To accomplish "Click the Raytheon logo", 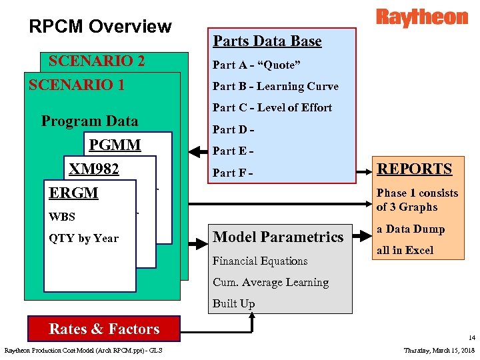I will tap(421, 17).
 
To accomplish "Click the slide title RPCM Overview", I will tap(100, 27).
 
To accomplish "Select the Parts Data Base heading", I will tap(267, 41).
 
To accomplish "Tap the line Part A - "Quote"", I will tap(256, 65).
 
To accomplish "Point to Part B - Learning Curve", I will tap(275, 86).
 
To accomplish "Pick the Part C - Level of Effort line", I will tap(272, 107).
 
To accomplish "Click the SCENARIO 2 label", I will tap(97, 61).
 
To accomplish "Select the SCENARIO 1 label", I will tap(76, 85).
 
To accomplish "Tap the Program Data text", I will tap(89, 121).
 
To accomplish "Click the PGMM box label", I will tap(115, 145).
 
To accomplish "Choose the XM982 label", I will tap(93, 169).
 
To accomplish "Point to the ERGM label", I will tap(73, 193).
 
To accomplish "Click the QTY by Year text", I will tap(83, 238).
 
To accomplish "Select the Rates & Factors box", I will tap(104, 329).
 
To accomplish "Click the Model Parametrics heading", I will tap(278, 237).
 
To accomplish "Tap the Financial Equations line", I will tap(260, 261).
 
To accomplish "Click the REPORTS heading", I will tap(415, 169).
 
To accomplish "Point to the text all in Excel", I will tap(405, 250).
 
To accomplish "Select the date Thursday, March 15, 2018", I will tap(439, 351).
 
